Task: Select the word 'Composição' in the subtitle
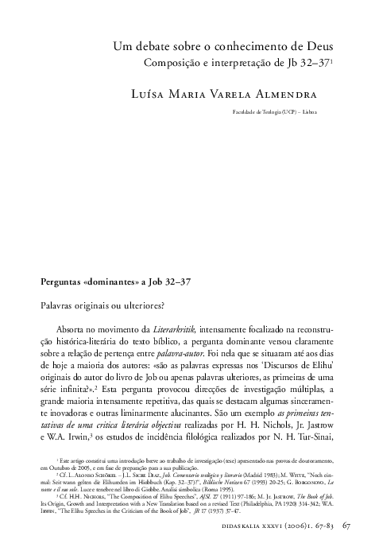(x=170, y=61)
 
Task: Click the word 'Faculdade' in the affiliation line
(x=248, y=113)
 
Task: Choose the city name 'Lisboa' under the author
(x=308, y=113)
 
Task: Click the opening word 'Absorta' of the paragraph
(x=75, y=328)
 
